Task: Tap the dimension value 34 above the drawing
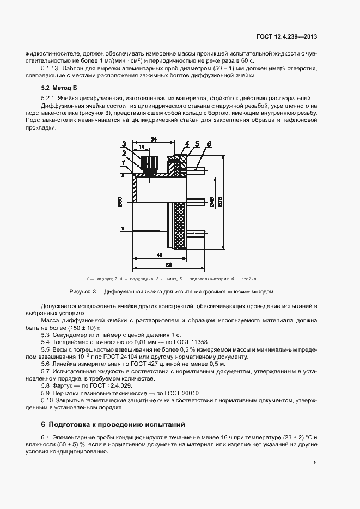(154, 140)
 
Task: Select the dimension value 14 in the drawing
(142, 148)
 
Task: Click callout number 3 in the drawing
(124, 144)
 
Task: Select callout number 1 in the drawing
(124, 162)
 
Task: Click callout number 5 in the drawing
(198, 144)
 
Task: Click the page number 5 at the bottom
(315, 463)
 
